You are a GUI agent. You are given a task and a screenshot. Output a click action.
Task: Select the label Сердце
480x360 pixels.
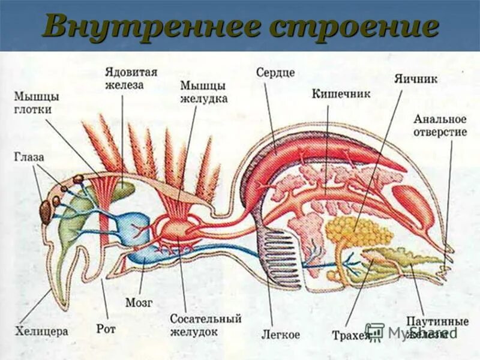(x=275, y=73)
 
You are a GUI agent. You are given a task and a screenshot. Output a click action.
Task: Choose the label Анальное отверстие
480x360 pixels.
(x=439, y=125)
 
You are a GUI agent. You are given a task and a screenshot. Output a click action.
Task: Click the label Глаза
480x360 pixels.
(x=29, y=157)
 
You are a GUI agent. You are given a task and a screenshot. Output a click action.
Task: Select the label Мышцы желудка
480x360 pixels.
(x=204, y=92)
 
